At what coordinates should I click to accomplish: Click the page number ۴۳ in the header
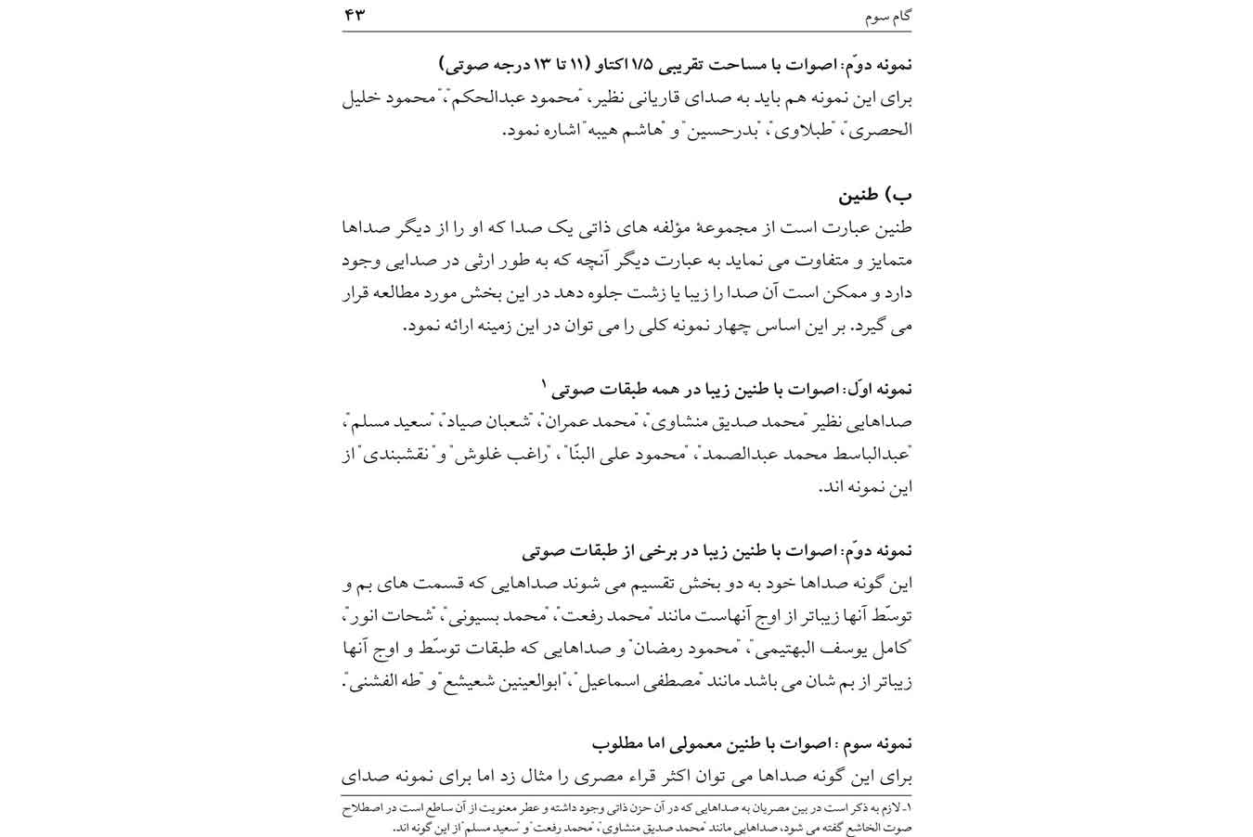[x=355, y=15]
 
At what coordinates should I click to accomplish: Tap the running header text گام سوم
[x=887, y=16]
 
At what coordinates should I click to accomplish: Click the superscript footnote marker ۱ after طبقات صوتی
[x=547, y=383]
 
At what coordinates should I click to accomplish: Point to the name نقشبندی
[x=389, y=455]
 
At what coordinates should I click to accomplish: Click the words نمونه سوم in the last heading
[x=879, y=743]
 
